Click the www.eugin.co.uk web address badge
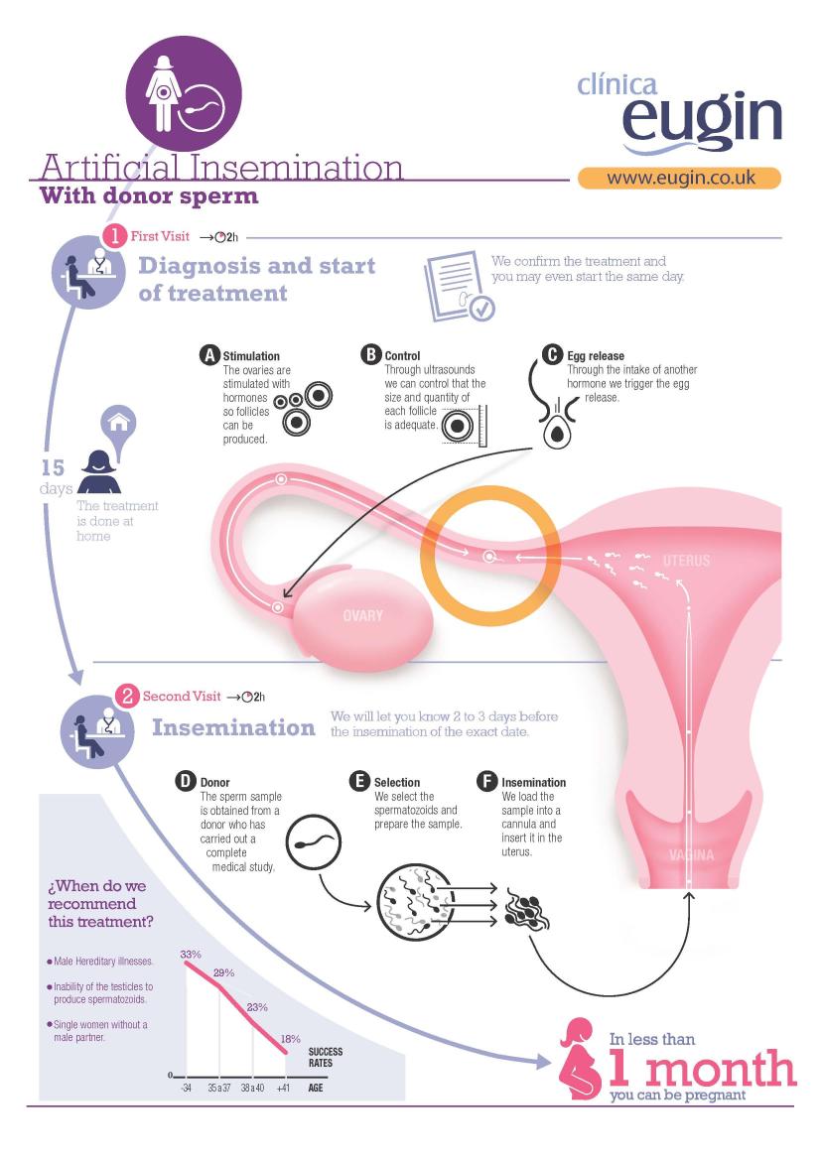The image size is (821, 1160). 679,179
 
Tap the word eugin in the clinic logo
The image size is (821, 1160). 702,118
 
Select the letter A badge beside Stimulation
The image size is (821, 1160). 210,355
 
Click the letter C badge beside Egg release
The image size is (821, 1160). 552,355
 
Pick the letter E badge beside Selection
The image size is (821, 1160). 359,781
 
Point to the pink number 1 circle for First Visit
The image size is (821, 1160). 115,237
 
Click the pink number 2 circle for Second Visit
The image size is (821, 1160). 127,697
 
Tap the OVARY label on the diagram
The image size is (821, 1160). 362,615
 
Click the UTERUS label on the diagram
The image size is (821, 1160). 686,561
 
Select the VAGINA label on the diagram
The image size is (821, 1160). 691,855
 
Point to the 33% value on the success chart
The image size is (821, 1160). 191,955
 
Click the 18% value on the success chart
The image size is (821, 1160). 290,1039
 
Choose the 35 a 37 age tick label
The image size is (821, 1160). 218,1089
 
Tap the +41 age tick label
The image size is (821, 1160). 284,1089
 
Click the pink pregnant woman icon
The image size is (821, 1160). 580,1060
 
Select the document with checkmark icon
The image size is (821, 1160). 458,287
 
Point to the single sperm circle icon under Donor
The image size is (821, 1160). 313,842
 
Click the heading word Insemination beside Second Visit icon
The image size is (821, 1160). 234,728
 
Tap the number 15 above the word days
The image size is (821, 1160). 53,467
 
